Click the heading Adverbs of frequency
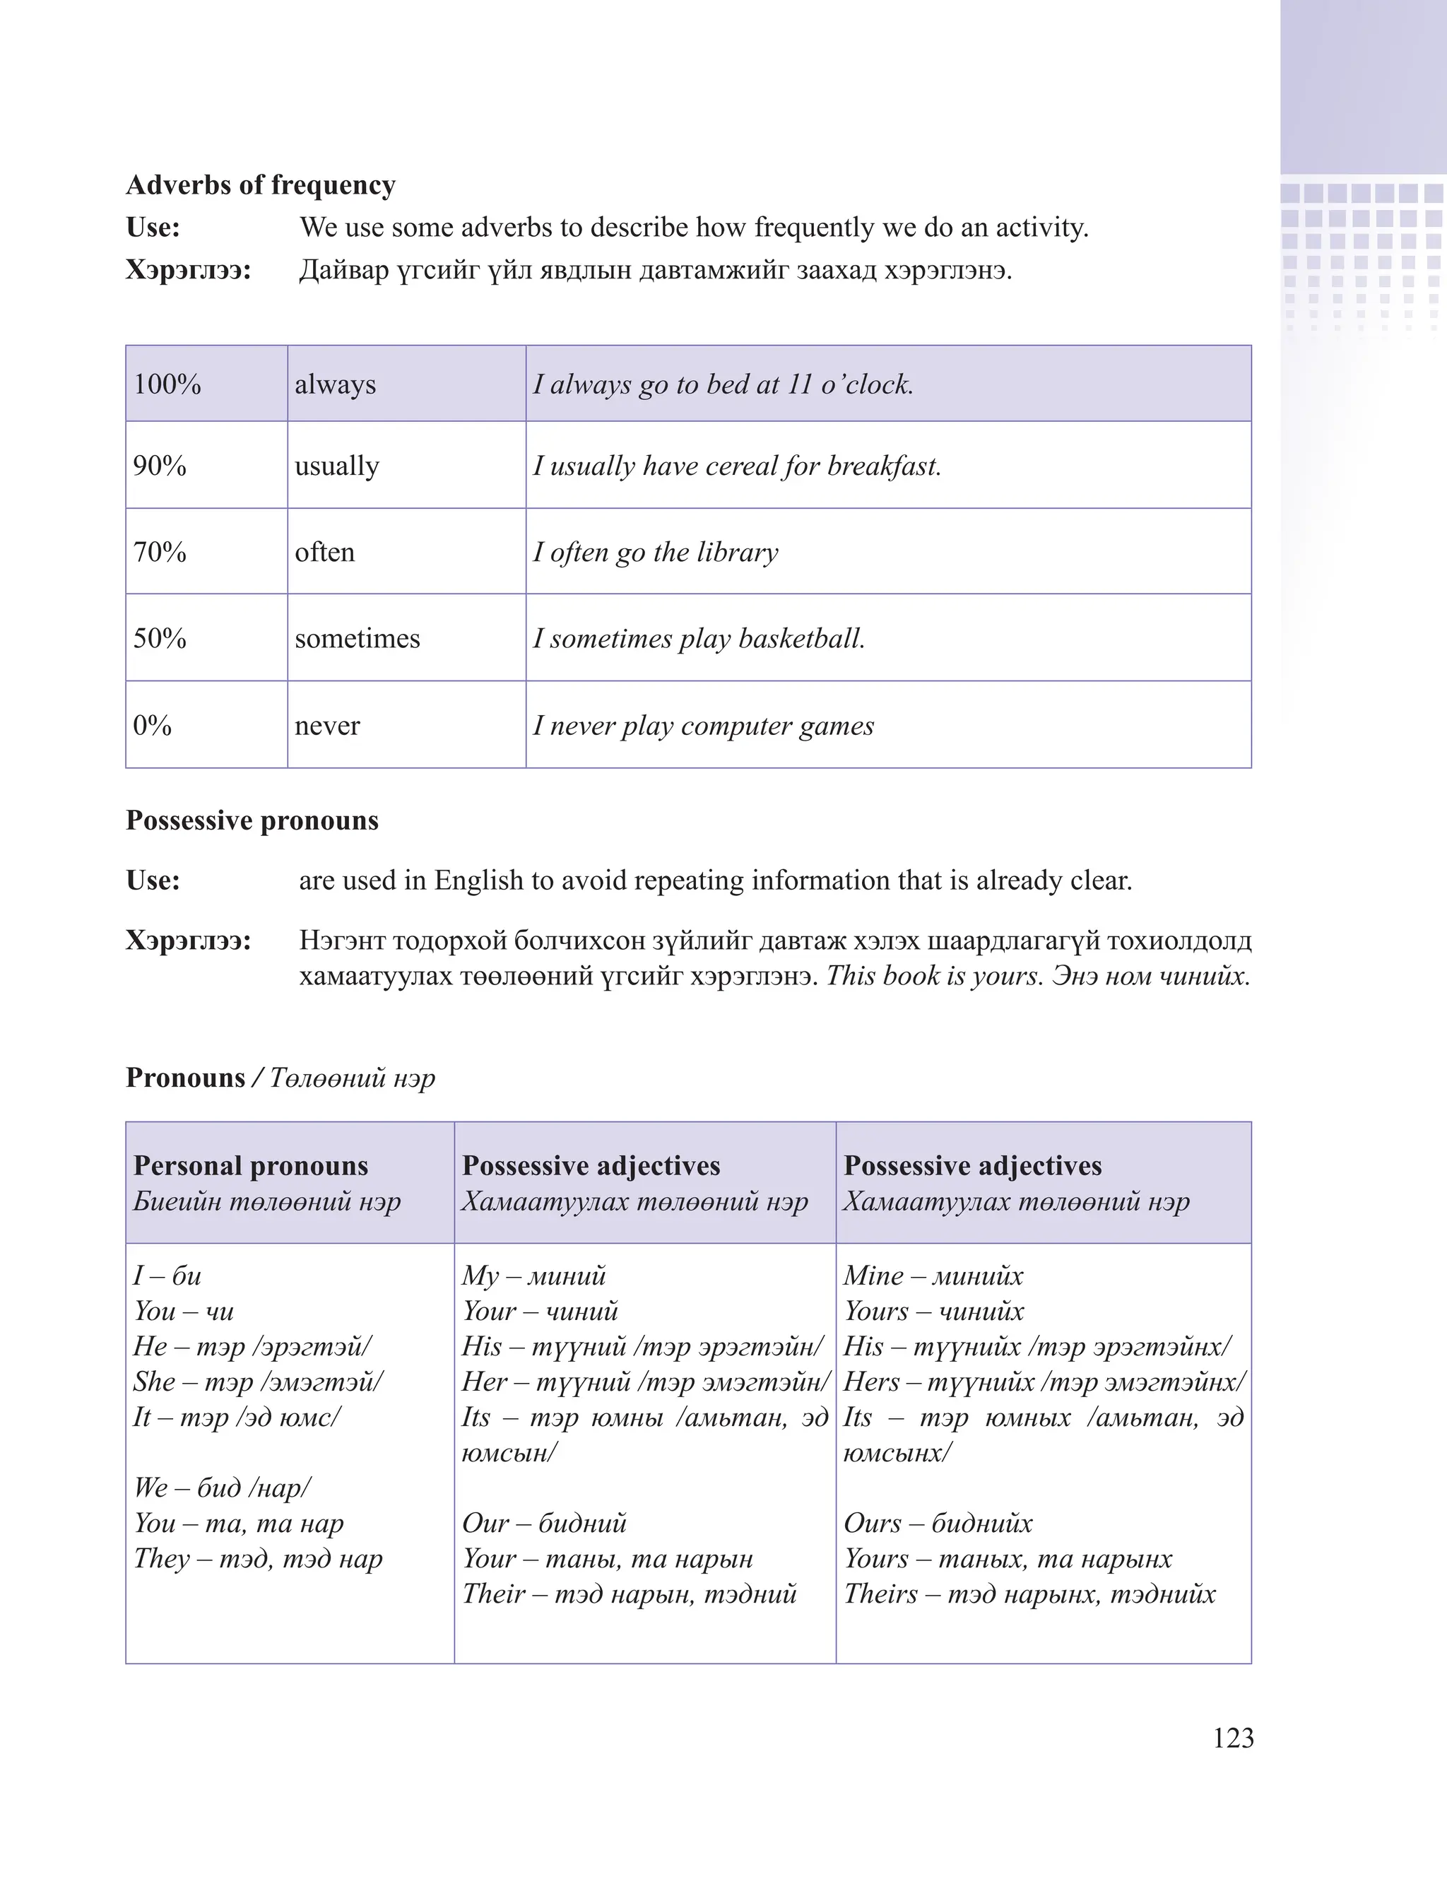261,185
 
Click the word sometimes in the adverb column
357,638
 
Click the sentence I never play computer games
703,725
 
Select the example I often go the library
655,551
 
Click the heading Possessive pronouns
252,820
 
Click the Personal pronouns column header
250,1166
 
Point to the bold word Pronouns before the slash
186,1078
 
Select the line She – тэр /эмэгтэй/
258,1382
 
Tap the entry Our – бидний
544,1523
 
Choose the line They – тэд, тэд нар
258,1558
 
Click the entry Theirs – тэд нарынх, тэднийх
1029,1594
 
